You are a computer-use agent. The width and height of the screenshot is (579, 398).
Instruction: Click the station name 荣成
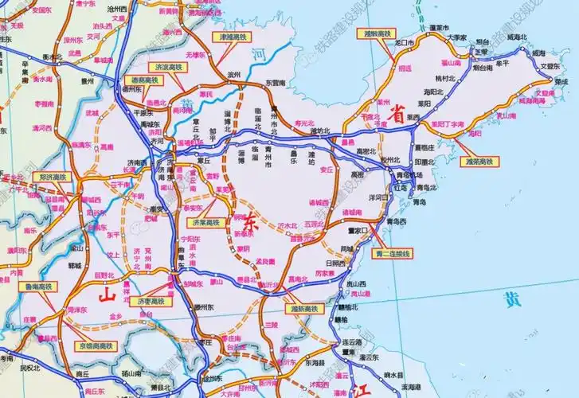point(561,80)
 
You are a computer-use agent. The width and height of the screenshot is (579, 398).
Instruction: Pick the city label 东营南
point(276,82)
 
